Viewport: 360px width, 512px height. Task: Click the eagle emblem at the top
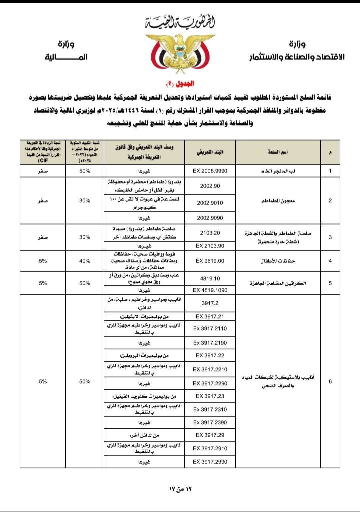click(x=180, y=53)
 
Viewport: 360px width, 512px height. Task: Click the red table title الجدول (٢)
click(x=180, y=84)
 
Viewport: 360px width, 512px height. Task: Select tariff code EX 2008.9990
click(x=210, y=171)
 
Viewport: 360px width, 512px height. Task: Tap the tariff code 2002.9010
click(x=210, y=203)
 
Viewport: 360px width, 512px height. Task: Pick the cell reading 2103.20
click(x=210, y=233)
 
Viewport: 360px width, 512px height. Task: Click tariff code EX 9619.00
click(x=210, y=261)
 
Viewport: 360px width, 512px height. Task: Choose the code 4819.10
click(x=210, y=278)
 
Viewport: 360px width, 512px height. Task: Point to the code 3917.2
click(x=210, y=303)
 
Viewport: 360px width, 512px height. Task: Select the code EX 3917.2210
click(x=210, y=369)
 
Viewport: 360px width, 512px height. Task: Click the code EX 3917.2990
click(x=210, y=462)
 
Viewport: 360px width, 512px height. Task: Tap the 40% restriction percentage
click(x=85, y=261)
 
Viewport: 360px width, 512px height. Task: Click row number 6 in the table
click(x=330, y=381)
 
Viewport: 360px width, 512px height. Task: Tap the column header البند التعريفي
click(x=210, y=152)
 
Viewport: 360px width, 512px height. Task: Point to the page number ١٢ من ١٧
click(x=180, y=489)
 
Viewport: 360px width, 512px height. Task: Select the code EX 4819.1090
click(x=210, y=290)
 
